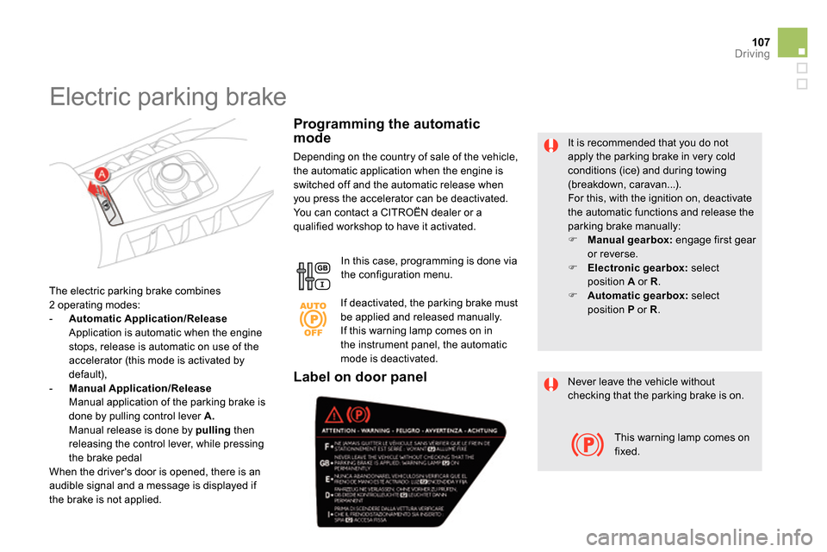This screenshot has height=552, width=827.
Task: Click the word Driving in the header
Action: coord(752,53)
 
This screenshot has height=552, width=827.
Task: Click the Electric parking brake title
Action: coord(168,97)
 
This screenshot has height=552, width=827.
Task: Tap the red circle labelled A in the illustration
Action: coord(101,174)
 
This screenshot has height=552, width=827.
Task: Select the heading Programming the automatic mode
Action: coord(387,130)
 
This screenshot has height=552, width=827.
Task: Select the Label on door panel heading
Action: coord(360,376)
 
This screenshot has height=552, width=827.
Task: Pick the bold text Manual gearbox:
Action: coord(628,240)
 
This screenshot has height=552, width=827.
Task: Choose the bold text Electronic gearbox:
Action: coord(636,267)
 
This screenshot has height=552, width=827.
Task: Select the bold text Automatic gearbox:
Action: coord(637,295)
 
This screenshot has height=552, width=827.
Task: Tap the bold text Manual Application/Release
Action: coord(139,388)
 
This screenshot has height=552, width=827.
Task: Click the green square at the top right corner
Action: coord(793,41)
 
